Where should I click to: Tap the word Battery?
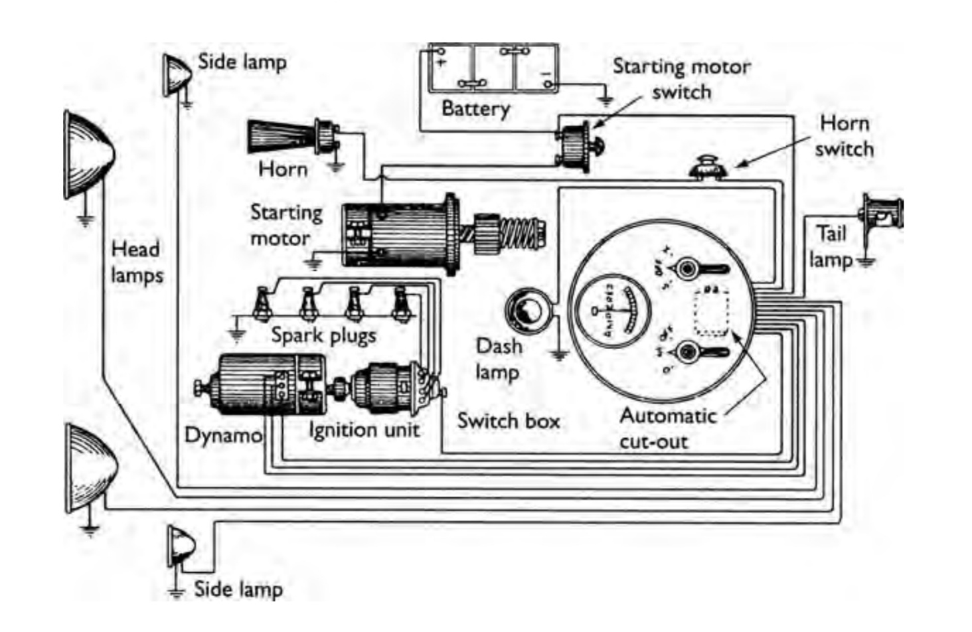coord(475,108)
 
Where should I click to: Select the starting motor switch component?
coord(575,145)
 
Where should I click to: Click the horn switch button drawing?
coord(709,167)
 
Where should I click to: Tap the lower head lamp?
coord(90,469)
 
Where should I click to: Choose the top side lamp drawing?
coord(177,73)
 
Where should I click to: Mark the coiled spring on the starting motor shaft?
coord(521,235)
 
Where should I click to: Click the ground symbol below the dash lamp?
coord(560,355)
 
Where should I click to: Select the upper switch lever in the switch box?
coord(701,269)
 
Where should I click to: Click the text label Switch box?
coord(508,421)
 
